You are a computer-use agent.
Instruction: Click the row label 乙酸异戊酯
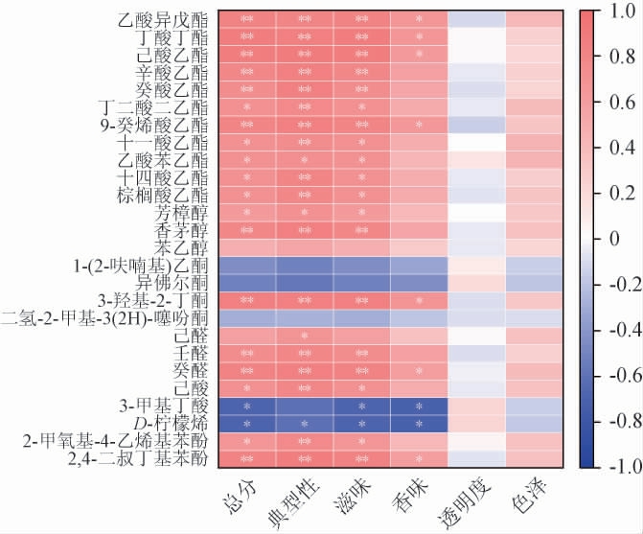click(161, 19)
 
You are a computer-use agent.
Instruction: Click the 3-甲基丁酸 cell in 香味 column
click(419, 406)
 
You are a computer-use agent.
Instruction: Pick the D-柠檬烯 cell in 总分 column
click(246, 423)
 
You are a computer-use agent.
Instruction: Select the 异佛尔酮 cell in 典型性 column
click(304, 282)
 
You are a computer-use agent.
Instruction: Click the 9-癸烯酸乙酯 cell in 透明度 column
click(476, 125)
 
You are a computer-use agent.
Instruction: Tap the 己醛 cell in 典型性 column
click(304, 336)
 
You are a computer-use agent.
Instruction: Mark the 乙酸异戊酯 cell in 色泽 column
click(534, 19)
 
